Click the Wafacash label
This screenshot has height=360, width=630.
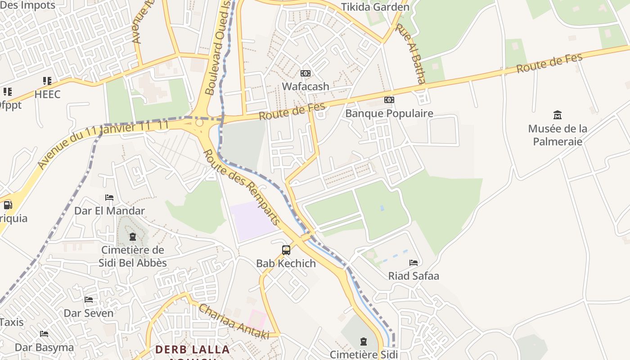tap(306, 86)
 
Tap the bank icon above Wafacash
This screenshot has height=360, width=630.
tap(306, 73)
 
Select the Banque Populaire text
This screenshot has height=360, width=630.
tap(389, 113)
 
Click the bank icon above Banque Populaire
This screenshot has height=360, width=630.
tap(389, 100)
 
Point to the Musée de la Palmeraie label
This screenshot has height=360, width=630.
tap(558, 135)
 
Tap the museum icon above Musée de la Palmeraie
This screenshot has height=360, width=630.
tap(558, 115)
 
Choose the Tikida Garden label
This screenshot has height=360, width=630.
tap(375, 7)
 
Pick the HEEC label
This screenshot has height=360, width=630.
tap(47, 94)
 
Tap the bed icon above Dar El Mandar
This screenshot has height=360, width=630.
tap(109, 198)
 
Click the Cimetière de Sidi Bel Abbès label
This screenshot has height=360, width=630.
tap(133, 256)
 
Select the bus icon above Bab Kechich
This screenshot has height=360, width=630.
tap(286, 250)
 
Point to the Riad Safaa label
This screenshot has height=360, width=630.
tap(414, 276)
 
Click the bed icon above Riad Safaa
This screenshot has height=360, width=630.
tap(414, 263)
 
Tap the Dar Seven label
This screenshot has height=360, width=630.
tap(89, 313)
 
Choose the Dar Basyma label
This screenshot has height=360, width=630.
tap(44, 347)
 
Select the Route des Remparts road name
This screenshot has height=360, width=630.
tap(242, 187)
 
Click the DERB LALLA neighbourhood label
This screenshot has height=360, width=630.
tap(192, 350)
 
